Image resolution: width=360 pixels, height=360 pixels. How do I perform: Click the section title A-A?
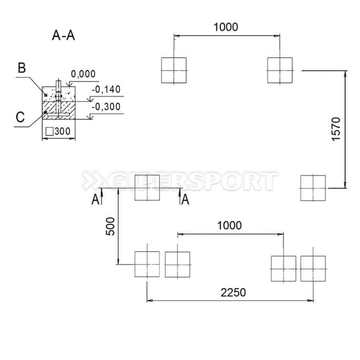[63, 36]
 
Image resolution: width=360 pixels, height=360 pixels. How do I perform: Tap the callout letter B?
[22, 68]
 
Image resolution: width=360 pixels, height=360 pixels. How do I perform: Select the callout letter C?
[20, 117]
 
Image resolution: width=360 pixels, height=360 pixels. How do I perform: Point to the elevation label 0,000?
[83, 74]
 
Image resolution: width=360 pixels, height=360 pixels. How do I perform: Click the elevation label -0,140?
[106, 89]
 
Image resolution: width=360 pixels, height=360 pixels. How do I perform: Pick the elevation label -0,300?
[106, 107]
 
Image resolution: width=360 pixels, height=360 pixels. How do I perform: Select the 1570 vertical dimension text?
[336, 129]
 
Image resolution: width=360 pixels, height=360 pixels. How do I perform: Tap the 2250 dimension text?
[233, 293]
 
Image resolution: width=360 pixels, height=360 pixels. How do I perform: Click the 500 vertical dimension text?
[110, 226]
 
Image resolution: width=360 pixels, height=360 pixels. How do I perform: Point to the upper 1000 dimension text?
[226, 27]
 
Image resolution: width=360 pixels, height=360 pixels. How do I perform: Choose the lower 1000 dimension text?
[229, 226]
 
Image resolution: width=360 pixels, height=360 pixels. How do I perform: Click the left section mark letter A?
[95, 199]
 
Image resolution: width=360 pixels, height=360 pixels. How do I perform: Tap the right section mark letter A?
[185, 199]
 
